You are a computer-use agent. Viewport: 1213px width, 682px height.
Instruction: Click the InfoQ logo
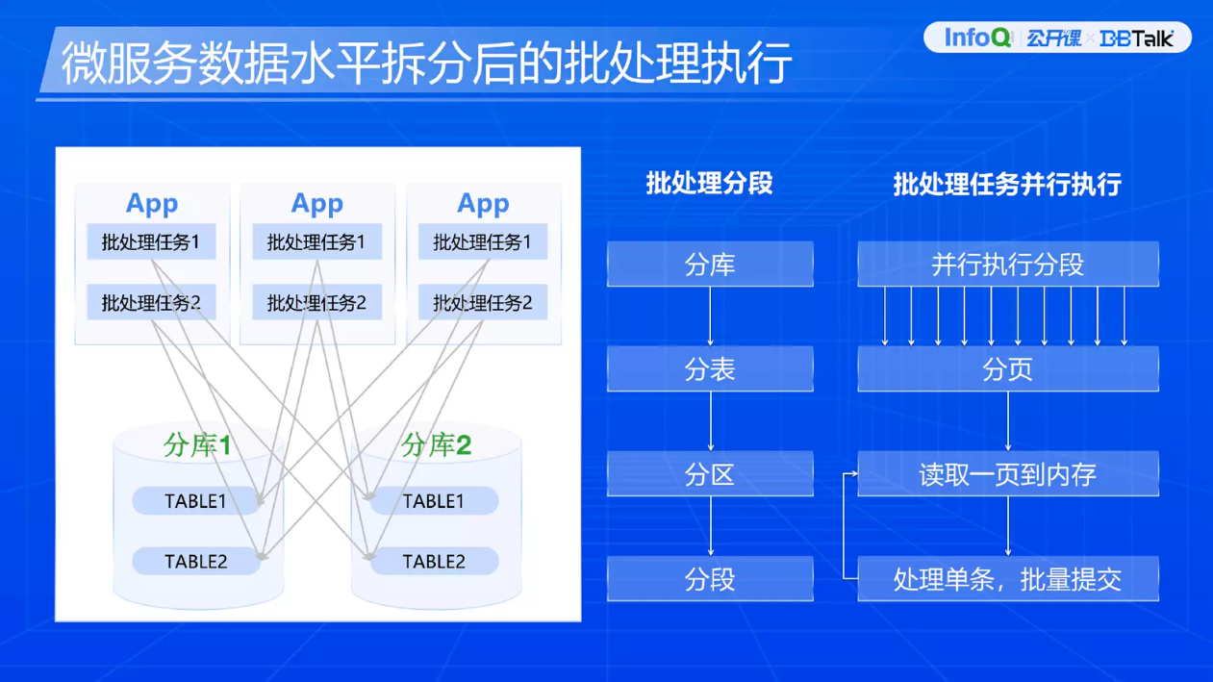click(x=977, y=38)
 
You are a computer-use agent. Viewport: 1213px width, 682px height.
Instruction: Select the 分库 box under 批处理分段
click(x=710, y=265)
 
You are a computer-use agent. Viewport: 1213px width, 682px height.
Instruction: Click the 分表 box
click(x=710, y=369)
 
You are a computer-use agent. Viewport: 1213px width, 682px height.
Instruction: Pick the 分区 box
click(x=710, y=474)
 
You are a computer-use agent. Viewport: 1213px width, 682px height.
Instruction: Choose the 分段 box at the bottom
click(x=710, y=579)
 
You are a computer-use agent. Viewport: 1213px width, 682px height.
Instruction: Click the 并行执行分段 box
click(x=1007, y=265)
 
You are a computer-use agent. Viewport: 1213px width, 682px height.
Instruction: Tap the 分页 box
click(x=1007, y=369)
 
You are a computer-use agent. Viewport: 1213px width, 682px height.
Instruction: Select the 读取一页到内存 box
click(x=1007, y=474)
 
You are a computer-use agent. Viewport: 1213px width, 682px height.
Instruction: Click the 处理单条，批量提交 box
click(x=1007, y=579)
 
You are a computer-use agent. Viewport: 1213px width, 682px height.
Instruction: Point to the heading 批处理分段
click(x=709, y=183)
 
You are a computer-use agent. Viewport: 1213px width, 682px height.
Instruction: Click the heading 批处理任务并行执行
click(x=1006, y=184)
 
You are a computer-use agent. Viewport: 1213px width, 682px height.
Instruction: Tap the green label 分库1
click(x=197, y=445)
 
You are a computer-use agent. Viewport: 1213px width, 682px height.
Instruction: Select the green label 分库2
click(x=436, y=445)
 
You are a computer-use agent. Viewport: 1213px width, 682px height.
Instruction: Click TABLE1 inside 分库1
click(x=195, y=501)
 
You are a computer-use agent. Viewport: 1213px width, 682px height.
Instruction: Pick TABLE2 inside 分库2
click(x=434, y=562)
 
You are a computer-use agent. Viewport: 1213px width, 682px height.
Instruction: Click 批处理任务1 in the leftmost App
click(x=151, y=242)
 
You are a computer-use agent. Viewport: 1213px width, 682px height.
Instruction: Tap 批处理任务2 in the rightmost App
click(x=482, y=303)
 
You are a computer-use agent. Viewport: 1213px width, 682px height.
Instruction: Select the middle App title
click(x=316, y=204)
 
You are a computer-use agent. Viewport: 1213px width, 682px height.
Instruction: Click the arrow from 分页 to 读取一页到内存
click(x=1007, y=421)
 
